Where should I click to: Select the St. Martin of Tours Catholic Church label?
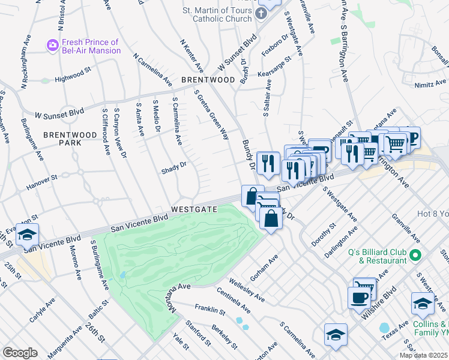coord(220,14)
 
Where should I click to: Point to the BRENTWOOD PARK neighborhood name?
coord(70,139)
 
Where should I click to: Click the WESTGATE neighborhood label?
coord(193,209)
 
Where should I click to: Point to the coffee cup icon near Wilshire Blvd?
coord(360,297)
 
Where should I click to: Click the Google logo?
coord(20,353)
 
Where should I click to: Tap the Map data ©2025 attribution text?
coord(424,355)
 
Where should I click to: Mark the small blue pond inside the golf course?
coord(122,275)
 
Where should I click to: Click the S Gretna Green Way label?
coord(211,114)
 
